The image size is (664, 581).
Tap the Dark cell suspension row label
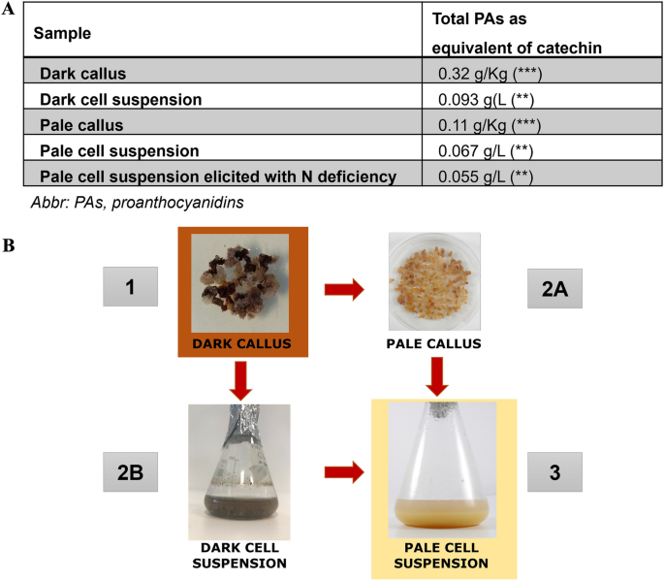point(120,99)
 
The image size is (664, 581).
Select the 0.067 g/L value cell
point(484,151)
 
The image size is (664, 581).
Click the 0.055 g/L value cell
point(484,177)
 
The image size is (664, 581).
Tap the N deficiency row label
point(218,177)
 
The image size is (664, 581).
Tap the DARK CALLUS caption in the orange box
point(241,344)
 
